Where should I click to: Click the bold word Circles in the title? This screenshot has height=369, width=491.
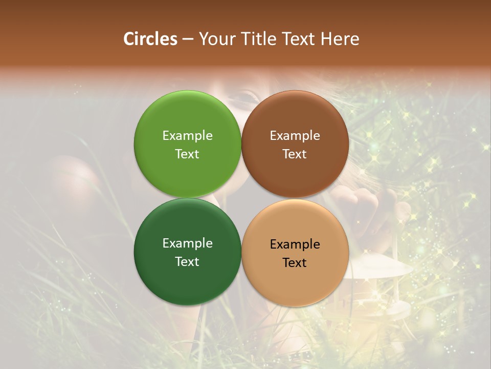[x=150, y=39]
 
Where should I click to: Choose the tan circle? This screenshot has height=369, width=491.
[x=295, y=279]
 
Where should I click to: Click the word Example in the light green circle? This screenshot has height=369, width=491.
[x=187, y=135]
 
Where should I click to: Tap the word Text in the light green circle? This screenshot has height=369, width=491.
[x=187, y=154]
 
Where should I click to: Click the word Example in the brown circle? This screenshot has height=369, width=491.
[x=295, y=135]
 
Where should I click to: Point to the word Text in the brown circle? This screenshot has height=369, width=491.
[x=295, y=154]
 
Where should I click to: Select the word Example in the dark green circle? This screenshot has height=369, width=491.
[x=187, y=243]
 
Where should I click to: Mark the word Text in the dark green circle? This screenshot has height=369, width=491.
[x=187, y=261]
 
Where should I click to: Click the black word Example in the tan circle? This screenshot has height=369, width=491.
[x=295, y=244]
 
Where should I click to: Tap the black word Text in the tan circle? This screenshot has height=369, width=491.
[x=295, y=262]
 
